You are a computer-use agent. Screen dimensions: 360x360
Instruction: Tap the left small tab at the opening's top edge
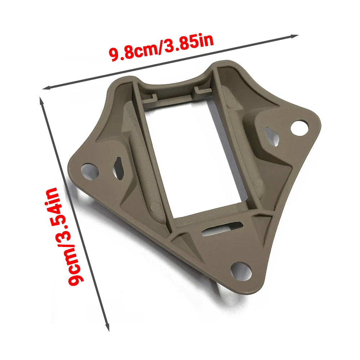click(152, 97)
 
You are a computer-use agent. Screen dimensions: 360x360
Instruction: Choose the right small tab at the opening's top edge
click(199, 89)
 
